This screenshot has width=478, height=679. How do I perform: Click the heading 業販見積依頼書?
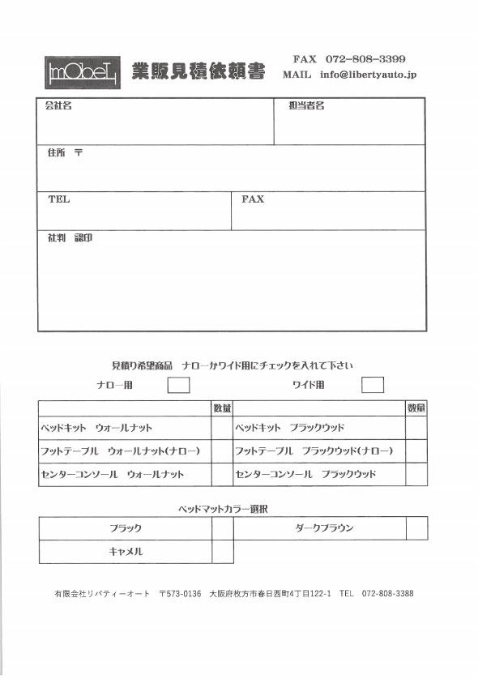click(x=198, y=72)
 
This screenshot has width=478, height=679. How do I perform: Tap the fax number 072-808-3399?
click(x=365, y=59)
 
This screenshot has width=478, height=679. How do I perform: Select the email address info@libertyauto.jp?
click(x=368, y=75)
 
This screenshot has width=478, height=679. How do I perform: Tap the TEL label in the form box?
click(x=59, y=199)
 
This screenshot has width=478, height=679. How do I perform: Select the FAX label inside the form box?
click(x=253, y=199)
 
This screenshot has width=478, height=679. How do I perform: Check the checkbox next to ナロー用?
click(x=178, y=385)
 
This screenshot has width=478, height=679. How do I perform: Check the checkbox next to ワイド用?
click(x=373, y=385)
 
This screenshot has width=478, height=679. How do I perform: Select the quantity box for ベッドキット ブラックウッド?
click(x=416, y=427)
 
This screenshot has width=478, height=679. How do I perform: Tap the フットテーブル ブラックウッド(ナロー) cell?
click(x=314, y=451)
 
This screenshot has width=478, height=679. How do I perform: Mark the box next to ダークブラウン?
click(x=416, y=528)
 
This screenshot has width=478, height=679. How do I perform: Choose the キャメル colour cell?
click(x=126, y=552)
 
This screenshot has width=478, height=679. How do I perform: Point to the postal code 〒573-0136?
click(x=180, y=594)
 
